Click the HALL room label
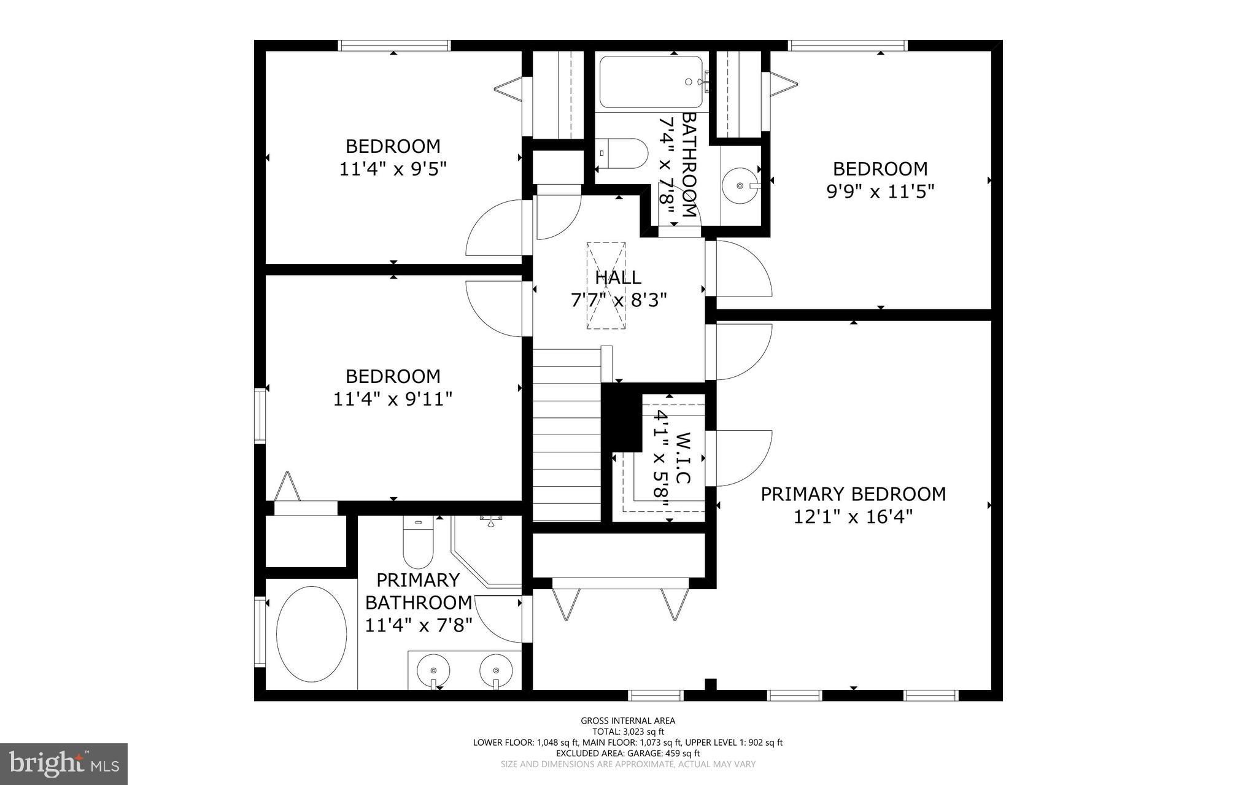(618, 277)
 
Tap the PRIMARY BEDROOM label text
(853, 494)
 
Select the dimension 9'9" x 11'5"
(880, 192)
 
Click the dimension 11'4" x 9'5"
(393, 169)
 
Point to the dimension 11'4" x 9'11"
(393, 400)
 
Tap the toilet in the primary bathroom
(418, 543)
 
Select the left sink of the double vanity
(433, 670)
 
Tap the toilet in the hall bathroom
(621, 153)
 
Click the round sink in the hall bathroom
(740, 184)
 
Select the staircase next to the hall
(566, 436)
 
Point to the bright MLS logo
(64, 764)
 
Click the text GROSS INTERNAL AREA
(628, 721)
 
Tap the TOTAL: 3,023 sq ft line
(628, 732)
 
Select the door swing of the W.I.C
(740, 457)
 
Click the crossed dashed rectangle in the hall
(606, 285)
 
